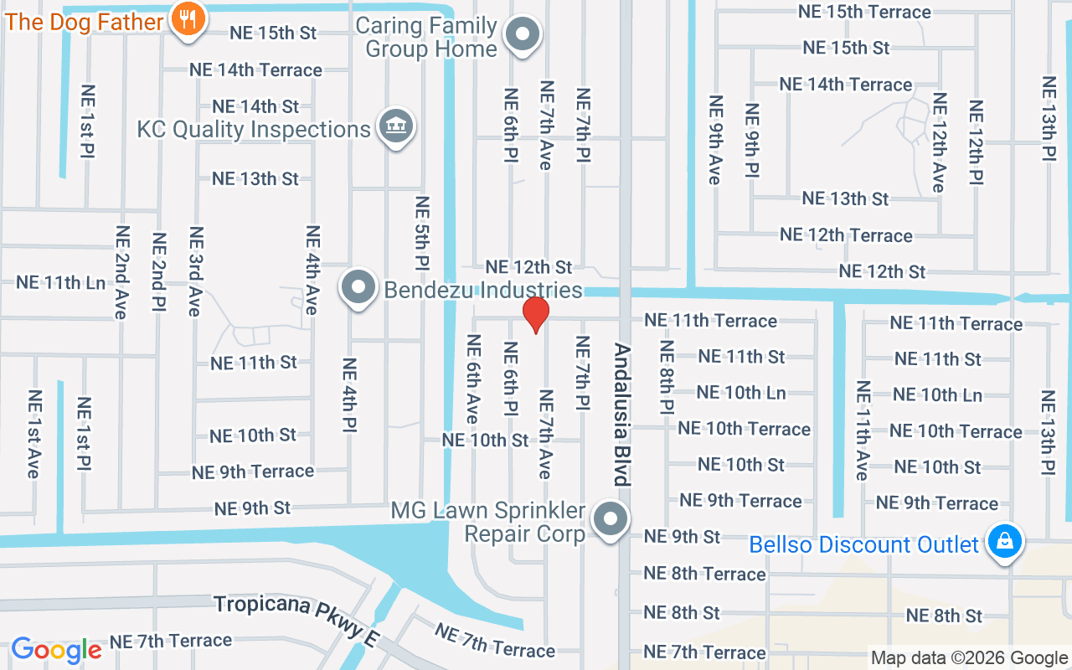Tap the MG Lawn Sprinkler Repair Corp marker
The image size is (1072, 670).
click(611, 519)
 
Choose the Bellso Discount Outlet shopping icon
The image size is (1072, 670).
click(1003, 541)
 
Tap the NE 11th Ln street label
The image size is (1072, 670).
click(61, 282)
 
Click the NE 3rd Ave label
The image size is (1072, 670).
click(196, 271)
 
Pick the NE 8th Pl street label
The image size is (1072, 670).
click(667, 377)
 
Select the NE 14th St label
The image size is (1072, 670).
click(255, 106)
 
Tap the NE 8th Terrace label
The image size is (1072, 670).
click(704, 574)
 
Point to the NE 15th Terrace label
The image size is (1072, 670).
click(864, 12)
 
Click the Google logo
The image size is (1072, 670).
click(56, 649)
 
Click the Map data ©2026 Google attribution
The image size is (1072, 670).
click(969, 658)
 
